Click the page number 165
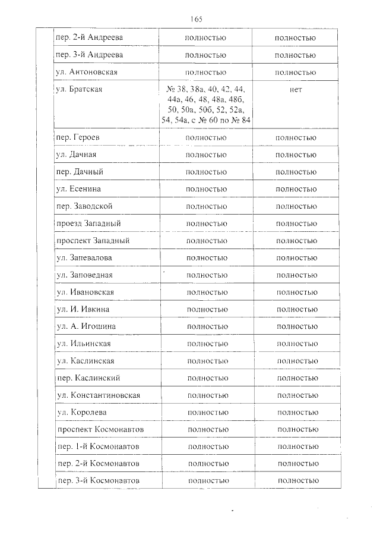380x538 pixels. click(197, 19)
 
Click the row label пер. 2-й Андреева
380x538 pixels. click(88, 38)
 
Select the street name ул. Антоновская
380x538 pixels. click(86, 73)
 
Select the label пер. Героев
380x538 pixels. click(78, 137)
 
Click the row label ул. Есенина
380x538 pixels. click(78, 189)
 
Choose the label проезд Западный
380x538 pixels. click(88, 224)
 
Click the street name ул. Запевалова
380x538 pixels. click(84, 258)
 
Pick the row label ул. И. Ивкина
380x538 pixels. click(83, 310)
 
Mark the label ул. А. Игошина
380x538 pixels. click(86, 327)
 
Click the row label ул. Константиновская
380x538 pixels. click(99, 395)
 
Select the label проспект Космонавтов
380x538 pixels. click(100, 429)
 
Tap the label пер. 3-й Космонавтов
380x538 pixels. click(100, 480)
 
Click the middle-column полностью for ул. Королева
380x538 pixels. click(208, 413)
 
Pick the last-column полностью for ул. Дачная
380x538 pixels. click(296, 155)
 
